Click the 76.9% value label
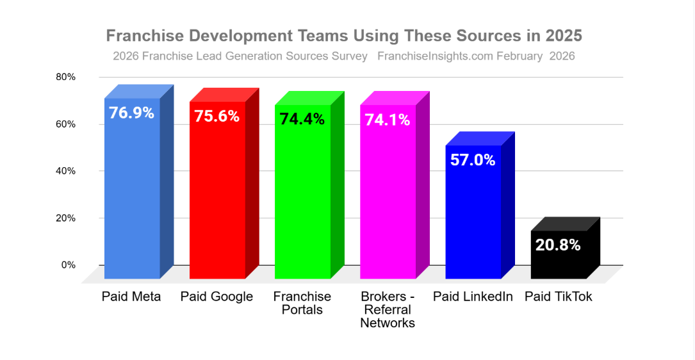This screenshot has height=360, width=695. [131, 113]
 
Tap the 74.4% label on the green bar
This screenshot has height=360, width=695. [302, 119]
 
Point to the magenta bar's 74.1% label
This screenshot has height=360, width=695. [387, 119]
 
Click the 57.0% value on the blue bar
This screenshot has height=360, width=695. [473, 160]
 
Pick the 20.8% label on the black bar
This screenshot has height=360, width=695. [558, 244]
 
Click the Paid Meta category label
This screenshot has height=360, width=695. [131, 297]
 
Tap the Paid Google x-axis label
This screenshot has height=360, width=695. [217, 297]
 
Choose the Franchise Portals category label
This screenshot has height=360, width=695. [302, 303]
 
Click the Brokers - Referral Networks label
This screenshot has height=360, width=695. [388, 310]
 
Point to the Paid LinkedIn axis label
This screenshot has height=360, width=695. [473, 297]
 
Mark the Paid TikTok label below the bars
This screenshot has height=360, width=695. [559, 297]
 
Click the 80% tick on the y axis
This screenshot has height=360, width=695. [65, 77]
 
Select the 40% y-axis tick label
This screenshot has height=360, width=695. [65, 171]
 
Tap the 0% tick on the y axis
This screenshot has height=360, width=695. [69, 265]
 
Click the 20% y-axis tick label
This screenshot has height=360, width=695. [65, 218]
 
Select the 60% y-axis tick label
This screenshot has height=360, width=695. [65, 124]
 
